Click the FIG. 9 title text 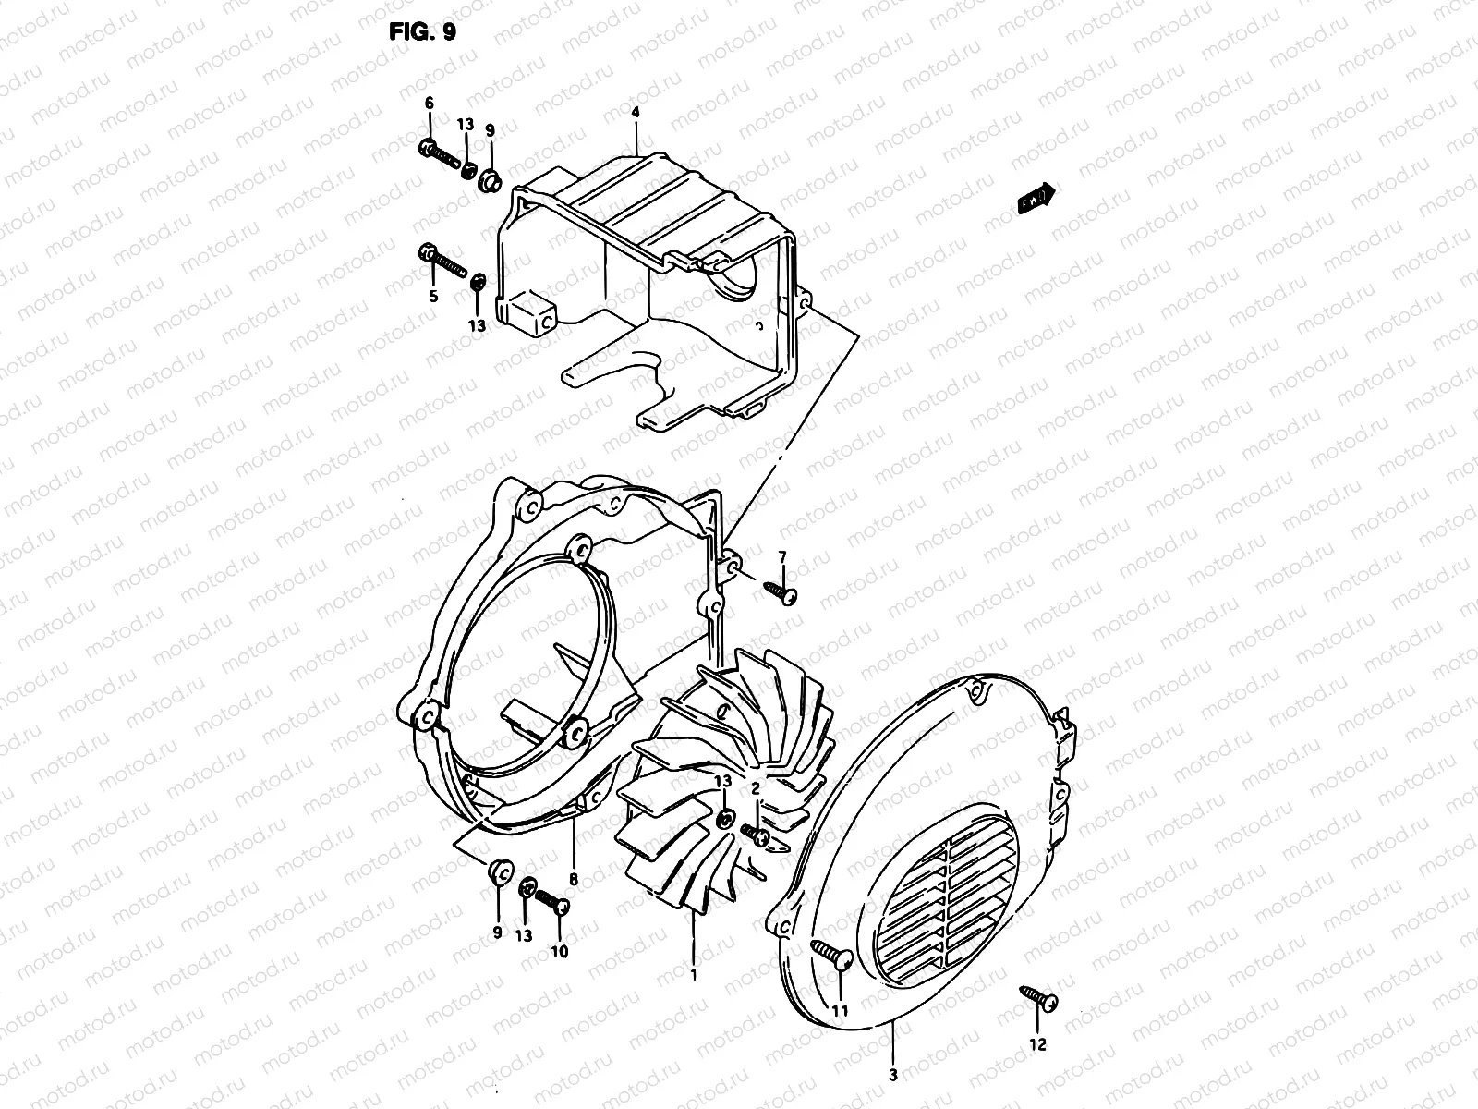pos(421,32)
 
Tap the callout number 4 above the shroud pos(635,113)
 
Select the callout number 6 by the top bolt pos(429,104)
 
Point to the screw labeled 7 pos(781,592)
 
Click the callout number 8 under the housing pos(573,880)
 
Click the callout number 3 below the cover pos(892,1075)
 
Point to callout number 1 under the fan pos(694,973)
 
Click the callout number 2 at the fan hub pos(755,788)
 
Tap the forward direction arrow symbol pos(1036,199)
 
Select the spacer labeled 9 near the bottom pos(499,871)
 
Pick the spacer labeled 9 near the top pos(489,178)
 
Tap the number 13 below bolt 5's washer pos(477,325)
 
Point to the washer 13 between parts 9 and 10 pos(527,888)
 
